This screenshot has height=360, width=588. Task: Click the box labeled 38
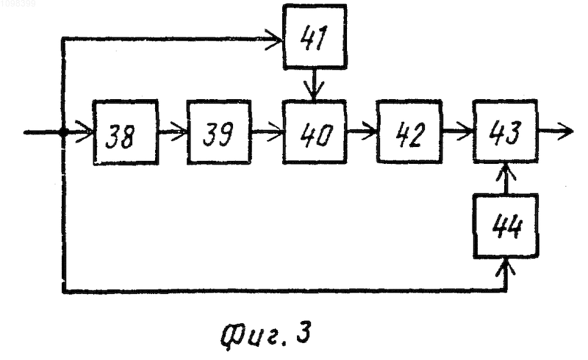[125, 132]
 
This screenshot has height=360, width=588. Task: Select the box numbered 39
[219, 132]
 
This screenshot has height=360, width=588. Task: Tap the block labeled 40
[315, 132]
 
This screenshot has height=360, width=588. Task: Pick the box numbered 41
[315, 37]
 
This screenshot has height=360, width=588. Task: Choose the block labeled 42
[409, 132]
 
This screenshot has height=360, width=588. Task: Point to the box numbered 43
[505, 132]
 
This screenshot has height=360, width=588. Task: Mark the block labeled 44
[506, 226]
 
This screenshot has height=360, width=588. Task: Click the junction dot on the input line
[63, 132]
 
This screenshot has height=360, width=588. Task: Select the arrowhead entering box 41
[273, 39]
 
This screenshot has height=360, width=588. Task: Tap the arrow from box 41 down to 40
[315, 84]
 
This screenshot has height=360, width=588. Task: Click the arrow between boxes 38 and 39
[173, 132]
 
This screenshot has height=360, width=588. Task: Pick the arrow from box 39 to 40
[267, 132]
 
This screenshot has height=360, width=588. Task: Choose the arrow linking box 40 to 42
[362, 132]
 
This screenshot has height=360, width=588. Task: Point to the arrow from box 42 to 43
[457, 132]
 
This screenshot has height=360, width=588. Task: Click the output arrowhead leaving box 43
[564, 132]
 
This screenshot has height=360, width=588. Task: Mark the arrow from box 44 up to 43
[506, 179]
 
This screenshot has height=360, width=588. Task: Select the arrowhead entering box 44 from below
[506, 267]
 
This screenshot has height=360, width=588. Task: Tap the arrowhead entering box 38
[85, 132]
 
